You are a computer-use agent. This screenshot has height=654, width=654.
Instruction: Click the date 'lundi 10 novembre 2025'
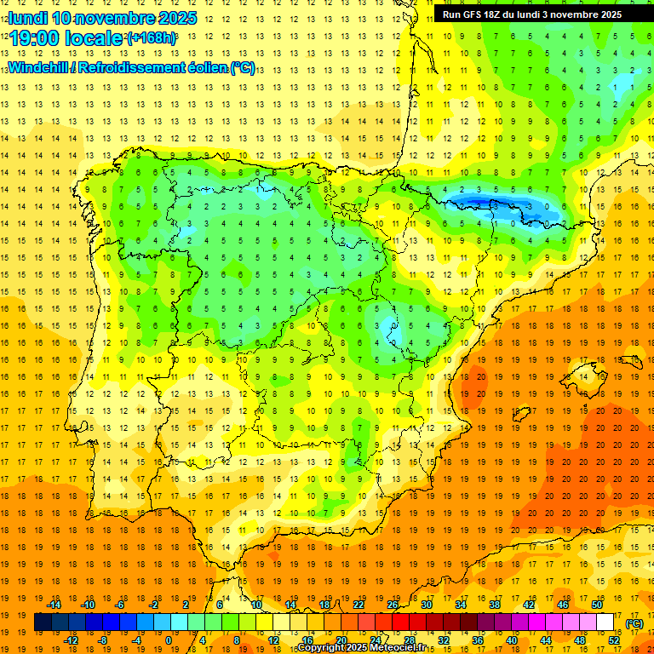point(102,18)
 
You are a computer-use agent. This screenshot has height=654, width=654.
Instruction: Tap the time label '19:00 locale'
point(66,38)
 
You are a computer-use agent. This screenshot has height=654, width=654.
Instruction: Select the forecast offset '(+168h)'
point(152,38)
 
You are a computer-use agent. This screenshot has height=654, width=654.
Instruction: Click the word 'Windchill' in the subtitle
point(42,67)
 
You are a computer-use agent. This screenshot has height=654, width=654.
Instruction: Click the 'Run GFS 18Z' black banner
point(532,14)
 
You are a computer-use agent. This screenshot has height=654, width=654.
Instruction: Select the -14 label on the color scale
point(54,605)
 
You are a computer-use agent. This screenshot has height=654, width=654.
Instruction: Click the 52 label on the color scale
point(614,640)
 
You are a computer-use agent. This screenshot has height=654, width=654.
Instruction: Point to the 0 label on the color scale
point(168,640)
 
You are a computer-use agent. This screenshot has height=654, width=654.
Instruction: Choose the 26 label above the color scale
point(393,605)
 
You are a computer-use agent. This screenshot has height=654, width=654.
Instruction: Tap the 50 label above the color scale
point(597,605)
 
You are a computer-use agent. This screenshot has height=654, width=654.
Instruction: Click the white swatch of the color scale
point(605,622)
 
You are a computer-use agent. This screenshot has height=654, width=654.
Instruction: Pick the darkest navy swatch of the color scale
point(43,622)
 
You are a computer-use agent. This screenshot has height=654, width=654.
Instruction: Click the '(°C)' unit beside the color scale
point(633,622)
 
